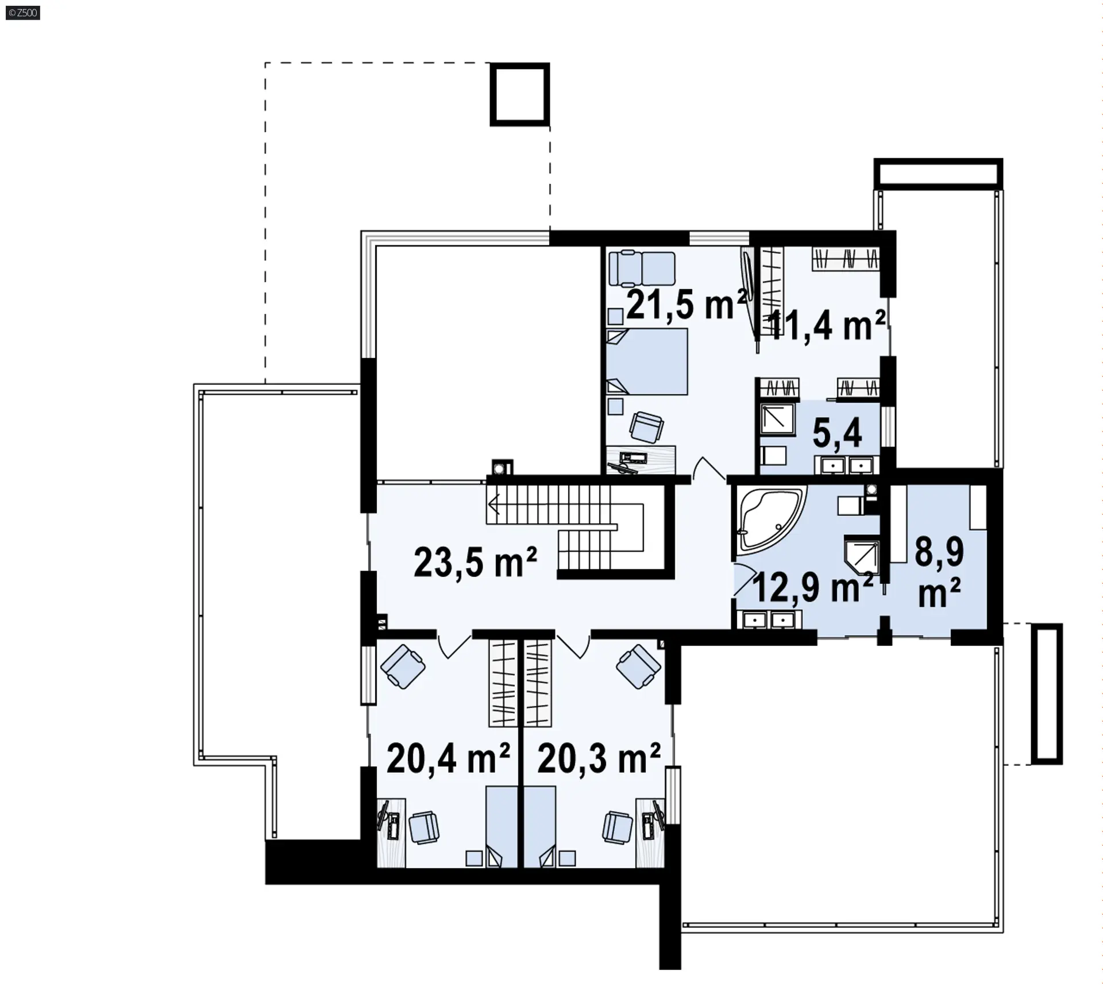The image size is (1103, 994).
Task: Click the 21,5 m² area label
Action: [687, 305]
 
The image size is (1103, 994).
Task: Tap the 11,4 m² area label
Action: [826, 326]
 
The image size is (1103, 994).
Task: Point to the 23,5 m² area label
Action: [475, 563]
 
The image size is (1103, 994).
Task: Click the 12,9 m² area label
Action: [812, 587]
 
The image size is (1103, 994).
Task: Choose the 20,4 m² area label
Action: [448, 758]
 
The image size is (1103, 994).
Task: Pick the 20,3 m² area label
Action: [599, 758]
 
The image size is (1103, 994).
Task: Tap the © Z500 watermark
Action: [23, 12]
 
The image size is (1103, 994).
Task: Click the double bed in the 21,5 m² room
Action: [647, 361]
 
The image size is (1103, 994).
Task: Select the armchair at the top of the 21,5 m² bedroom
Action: [642, 269]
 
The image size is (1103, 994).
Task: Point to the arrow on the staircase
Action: [493, 505]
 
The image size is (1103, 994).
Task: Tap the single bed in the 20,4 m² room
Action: [502, 827]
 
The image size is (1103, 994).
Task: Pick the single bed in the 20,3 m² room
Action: [540, 827]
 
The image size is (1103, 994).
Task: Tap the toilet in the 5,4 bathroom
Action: [773, 456]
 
